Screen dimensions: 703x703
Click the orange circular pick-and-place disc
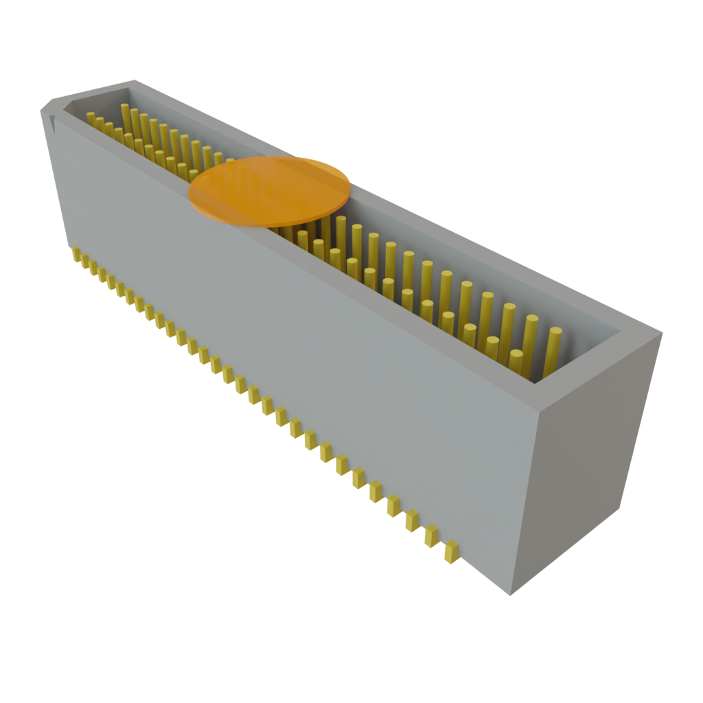[270, 190]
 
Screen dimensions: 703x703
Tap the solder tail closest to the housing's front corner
[451, 551]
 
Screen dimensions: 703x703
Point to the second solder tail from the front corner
[431, 535]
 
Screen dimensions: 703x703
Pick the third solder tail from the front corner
[412, 520]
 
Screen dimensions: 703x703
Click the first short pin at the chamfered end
[91, 118]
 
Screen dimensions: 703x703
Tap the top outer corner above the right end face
[660, 334]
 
